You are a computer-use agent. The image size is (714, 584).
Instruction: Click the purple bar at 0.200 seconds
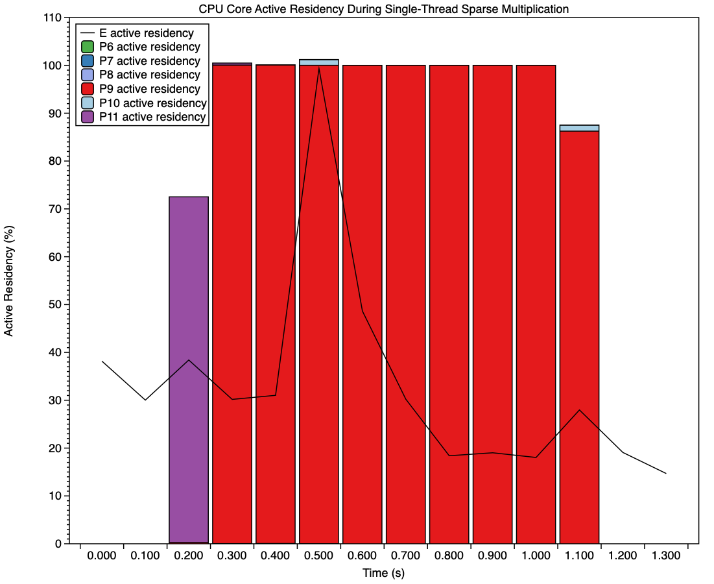(x=189, y=370)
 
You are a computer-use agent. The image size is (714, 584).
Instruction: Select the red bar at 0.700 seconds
(x=406, y=305)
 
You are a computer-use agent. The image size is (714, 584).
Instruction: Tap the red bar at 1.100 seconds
(x=579, y=337)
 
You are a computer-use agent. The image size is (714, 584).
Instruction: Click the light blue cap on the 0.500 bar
(x=319, y=62)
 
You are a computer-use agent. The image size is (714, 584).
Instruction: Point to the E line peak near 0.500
(x=319, y=67)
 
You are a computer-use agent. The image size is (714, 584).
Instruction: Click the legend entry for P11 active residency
(x=152, y=117)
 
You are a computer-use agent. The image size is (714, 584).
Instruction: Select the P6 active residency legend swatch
(x=88, y=47)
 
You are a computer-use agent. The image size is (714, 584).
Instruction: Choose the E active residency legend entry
(x=145, y=33)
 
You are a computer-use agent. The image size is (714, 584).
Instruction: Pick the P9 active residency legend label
(x=149, y=89)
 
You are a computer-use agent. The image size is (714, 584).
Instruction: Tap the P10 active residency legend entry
(x=152, y=103)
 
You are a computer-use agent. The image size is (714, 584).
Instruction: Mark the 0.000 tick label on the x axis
(x=101, y=557)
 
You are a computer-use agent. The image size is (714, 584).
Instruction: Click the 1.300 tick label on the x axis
(x=666, y=557)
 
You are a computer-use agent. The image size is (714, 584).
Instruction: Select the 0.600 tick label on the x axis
(x=363, y=557)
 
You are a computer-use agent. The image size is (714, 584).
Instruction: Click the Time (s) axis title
(x=383, y=573)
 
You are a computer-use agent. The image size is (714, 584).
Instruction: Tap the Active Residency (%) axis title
(x=9, y=280)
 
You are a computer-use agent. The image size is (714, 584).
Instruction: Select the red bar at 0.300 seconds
(x=232, y=305)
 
